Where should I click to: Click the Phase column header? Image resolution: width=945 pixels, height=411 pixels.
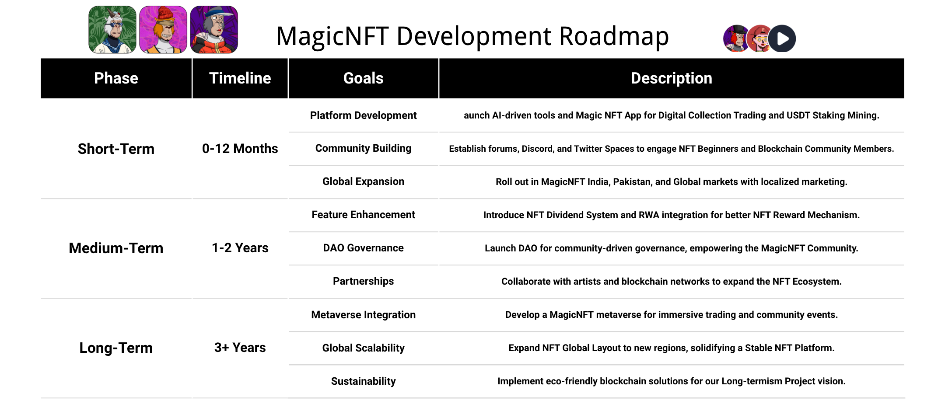tap(116, 78)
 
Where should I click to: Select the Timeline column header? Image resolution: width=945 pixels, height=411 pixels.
tap(240, 78)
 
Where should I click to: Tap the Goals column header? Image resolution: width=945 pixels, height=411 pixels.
tap(363, 78)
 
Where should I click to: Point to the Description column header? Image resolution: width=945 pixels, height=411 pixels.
tap(671, 78)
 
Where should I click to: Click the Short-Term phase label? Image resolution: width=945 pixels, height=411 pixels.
tap(116, 149)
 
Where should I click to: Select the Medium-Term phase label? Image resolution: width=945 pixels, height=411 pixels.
tap(116, 248)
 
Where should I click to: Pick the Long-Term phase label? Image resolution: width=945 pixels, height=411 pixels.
tap(116, 348)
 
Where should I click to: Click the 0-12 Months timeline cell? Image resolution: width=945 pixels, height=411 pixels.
tap(240, 149)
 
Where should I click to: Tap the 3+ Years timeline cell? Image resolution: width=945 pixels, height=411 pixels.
tap(240, 348)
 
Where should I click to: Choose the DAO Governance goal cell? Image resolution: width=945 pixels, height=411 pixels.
tap(363, 248)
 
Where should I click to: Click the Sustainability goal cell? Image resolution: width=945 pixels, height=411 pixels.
tap(363, 381)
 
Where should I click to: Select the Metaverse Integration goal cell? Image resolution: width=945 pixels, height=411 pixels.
tap(363, 315)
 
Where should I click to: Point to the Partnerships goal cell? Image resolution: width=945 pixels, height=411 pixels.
tap(363, 281)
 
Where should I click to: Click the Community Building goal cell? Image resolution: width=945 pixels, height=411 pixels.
tap(363, 148)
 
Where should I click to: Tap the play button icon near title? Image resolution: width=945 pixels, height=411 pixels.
tap(783, 39)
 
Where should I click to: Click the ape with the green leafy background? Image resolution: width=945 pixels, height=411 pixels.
tap(112, 30)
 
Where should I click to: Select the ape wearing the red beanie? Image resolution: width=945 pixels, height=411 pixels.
tap(163, 30)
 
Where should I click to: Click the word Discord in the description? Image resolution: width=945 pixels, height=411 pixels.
tap(537, 149)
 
